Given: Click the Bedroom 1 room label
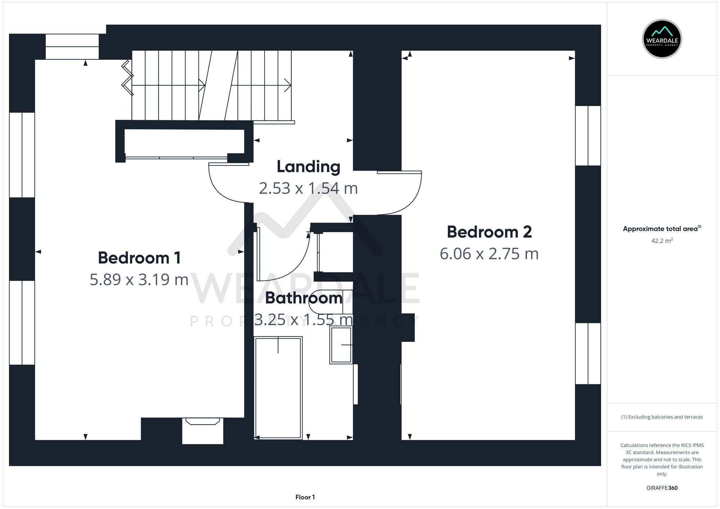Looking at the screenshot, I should (x=139, y=258).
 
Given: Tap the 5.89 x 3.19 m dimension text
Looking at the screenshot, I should (x=139, y=280).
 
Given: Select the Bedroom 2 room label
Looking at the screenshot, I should (x=489, y=232).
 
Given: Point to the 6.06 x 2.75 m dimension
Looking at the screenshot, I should (x=489, y=254).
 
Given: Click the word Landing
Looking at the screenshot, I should (x=308, y=167).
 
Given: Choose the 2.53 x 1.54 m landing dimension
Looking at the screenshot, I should (x=308, y=188).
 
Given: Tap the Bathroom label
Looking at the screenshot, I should (x=303, y=298).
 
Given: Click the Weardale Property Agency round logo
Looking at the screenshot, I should (x=662, y=39).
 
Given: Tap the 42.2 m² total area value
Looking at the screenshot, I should (x=662, y=241).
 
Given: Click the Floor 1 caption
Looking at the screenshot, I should (x=305, y=497).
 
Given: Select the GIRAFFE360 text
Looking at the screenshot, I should (x=662, y=488).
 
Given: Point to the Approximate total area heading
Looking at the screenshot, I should (x=662, y=229).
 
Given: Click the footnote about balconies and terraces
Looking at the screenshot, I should (x=662, y=417).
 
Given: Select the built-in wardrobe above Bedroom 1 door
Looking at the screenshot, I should (x=184, y=143).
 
